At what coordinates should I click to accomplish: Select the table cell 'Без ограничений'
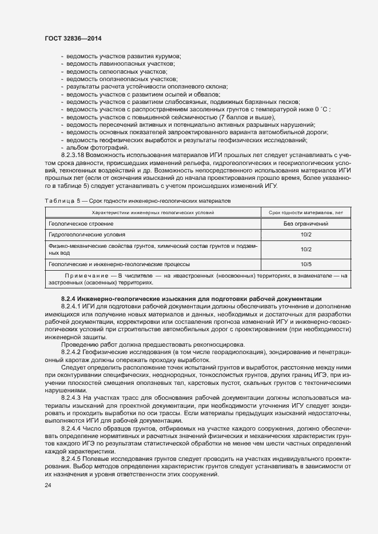tap(305, 224)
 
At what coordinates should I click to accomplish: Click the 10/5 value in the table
tap(305, 264)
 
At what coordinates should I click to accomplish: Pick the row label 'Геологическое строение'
tap(81, 224)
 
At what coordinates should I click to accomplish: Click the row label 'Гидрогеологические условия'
tap(86, 235)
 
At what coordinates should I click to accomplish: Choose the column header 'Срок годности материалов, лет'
tap(305, 212)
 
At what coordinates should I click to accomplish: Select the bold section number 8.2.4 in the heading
tap(69, 299)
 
